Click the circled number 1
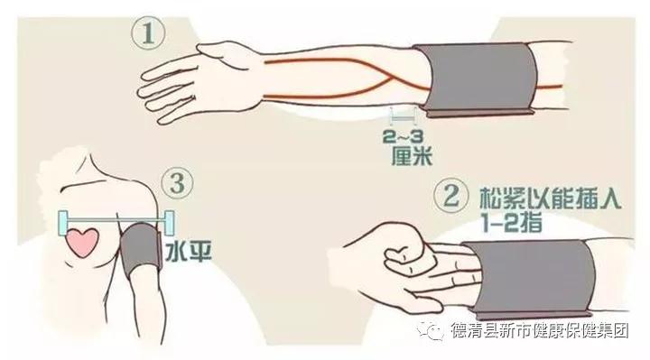(x=148, y=32)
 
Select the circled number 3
(x=178, y=182)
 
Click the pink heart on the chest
(x=82, y=243)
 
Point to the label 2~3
(x=404, y=136)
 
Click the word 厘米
(x=412, y=156)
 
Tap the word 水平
(x=189, y=251)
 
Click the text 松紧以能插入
(x=550, y=198)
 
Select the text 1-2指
(x=512, y=223)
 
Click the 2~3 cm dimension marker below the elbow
(x=404, y=117)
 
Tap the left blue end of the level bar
(x=63, y=224)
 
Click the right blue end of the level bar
(x=169, y=224)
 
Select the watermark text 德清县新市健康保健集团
(x=540, y=330)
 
